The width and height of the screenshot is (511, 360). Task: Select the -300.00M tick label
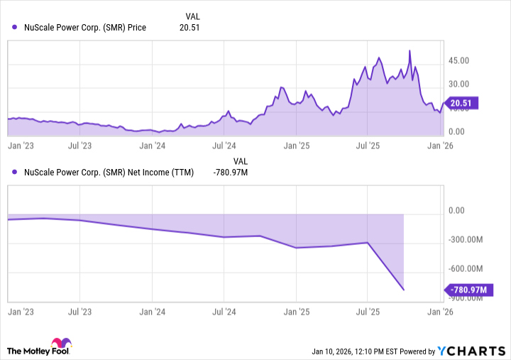(x=467, y=239)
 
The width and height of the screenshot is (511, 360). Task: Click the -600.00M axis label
(x=467, y=269)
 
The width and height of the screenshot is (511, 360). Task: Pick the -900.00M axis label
(x=467, y=298)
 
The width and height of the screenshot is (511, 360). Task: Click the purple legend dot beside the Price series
(x=15, y=28)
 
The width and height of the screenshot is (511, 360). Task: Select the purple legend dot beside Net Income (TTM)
(x=15, y=172)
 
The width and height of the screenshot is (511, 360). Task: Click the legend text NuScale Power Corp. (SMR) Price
(x=85, y=28)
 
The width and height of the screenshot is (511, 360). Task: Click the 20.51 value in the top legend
(x=193, y=28)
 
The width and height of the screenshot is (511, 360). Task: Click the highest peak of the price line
(x=410, y=50)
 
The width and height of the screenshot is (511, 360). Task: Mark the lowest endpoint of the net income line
(x=404, y=290)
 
